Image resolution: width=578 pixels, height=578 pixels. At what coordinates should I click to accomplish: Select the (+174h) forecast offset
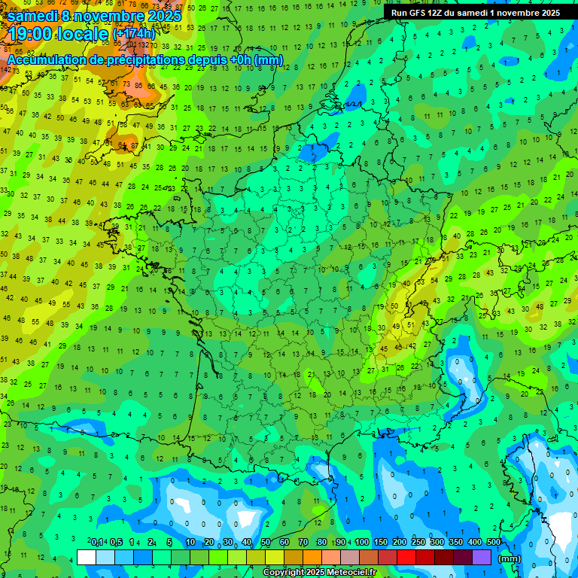(135, 34)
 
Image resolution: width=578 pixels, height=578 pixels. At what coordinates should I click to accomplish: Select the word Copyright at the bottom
(283, 573)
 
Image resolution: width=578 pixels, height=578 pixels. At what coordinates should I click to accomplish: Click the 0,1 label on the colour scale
(97, 543)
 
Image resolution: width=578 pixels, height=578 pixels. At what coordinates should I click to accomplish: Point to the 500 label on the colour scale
(493, 543)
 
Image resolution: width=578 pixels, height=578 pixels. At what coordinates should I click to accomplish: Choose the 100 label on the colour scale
(362, 543)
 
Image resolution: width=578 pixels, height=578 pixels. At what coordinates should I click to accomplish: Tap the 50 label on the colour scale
(266, 543)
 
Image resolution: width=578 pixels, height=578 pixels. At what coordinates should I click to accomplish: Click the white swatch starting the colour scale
(87, 557)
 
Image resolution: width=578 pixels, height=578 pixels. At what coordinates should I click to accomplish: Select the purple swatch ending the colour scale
(482, 557)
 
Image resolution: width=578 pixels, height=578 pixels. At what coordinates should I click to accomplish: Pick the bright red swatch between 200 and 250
(406, 557)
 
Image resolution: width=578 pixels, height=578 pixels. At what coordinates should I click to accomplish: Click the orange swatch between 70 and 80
(312, 557)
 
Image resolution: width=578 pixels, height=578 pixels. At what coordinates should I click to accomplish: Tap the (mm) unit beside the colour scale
(510, 558)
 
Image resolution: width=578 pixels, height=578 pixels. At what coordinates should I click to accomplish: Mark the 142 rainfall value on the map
(6, 70)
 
